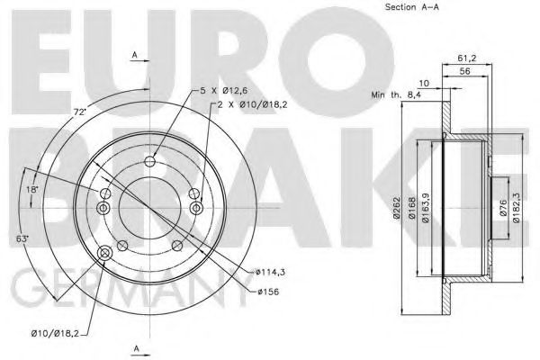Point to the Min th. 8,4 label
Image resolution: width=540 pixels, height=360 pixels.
(x=396, y=94)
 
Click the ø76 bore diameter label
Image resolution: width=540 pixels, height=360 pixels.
(x=504, y=212)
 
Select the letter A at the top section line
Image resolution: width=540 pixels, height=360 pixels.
(x=135, y=56)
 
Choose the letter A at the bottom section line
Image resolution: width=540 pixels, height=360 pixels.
(x=135, y=347)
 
